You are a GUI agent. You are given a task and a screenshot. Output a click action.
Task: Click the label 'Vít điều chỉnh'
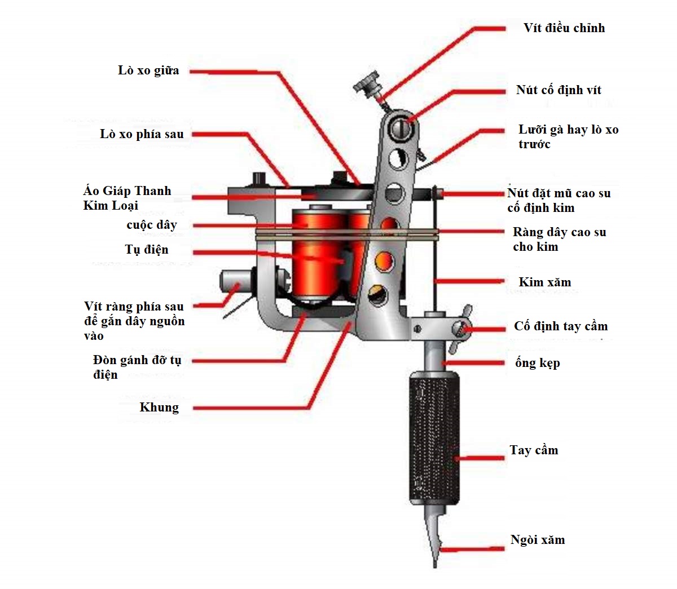click(x=564, y=28)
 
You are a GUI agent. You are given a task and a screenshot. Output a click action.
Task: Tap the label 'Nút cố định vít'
click(x=558, y=90)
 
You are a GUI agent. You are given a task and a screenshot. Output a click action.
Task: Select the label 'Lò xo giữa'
click(x=148, y=70)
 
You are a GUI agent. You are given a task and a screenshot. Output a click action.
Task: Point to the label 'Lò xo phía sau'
click(x=142, y=134)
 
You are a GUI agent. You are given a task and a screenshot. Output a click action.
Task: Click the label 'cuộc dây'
click(x=152, y=225)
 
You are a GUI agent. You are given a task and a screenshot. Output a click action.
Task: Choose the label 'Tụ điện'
click(x=147, y=250)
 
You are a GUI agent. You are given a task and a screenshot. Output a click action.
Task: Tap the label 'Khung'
click(x=159, y=408)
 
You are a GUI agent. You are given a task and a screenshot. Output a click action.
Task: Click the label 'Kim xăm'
click(x=544, y=282)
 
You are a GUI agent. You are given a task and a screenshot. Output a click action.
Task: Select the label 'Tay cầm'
click(x=534, y=450)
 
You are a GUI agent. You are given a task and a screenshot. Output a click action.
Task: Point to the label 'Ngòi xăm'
click(x=537, y=540)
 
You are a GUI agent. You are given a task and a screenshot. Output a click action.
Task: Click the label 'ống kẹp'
click(x=537, y=363)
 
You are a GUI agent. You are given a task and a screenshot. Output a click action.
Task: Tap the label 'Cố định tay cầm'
click(x=561, y=326)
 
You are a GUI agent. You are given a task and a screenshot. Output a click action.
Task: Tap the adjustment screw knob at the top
click(x=367, y=83)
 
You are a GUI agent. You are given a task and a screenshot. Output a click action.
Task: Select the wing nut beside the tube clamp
click(x=463, y=324)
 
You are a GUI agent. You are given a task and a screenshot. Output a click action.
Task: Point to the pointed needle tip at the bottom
click(x=435, y=561)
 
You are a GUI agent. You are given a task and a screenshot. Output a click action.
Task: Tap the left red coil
click(x=316, y=254)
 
